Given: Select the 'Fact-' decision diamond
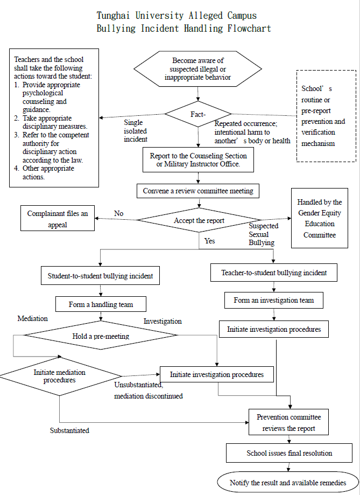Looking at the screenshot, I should click(199, 114).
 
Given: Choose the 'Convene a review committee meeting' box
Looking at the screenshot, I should click(197, 191).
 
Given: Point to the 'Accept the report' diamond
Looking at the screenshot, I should click(199, 220).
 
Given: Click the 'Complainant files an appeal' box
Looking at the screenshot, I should click(58, 219).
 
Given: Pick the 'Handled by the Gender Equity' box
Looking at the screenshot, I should click(319, 218).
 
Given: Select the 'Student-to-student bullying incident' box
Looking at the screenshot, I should click(101, 276).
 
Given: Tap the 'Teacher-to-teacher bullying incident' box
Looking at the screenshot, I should click(274, 273).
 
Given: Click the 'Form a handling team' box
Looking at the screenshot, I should click(101, 304).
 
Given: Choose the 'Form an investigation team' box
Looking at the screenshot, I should click(274, 300).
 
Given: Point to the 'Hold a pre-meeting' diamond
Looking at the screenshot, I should click(101, 336).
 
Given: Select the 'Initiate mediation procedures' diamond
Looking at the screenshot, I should click(60, 375).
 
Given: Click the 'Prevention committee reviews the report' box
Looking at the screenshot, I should click(289, 423).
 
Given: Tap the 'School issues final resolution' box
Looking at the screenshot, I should click(289, 453).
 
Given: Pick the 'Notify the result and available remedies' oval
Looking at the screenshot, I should click(288, 482).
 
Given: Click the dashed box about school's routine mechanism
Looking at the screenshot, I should click(326, 116).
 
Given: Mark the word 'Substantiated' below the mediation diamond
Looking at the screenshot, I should click(69, 430).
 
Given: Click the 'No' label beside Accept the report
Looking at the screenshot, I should click(119, 213).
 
